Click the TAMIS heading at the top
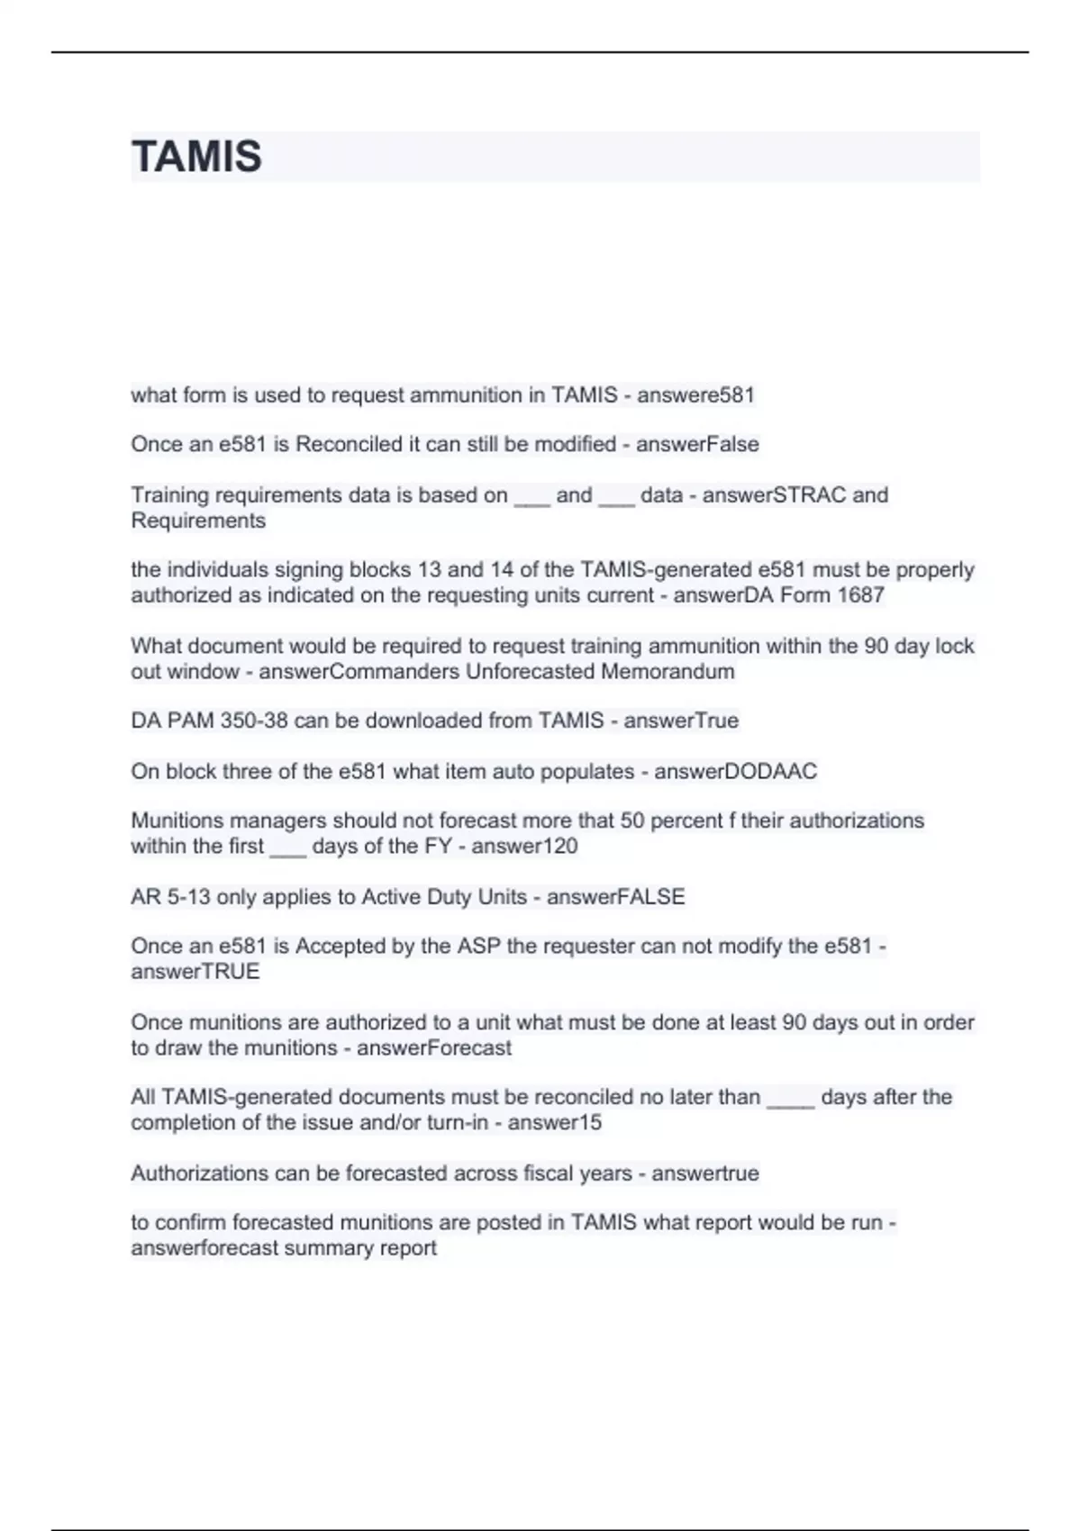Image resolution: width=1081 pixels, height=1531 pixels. pos(196,157)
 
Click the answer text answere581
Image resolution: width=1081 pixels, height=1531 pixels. pos(695,395)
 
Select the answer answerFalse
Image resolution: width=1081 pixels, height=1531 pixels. pos(697,445)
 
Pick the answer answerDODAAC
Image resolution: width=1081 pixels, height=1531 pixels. pos(735,772)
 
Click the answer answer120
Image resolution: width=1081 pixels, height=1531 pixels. pos(524,847)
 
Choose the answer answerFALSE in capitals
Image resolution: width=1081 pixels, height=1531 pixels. pos(615,897)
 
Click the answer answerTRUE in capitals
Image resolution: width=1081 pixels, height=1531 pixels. pos(195,972)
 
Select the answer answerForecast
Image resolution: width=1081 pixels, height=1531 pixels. pos(433,1048)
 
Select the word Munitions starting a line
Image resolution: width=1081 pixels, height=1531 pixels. pos(177,820)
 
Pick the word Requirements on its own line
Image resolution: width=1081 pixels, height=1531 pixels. pos(198,521)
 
